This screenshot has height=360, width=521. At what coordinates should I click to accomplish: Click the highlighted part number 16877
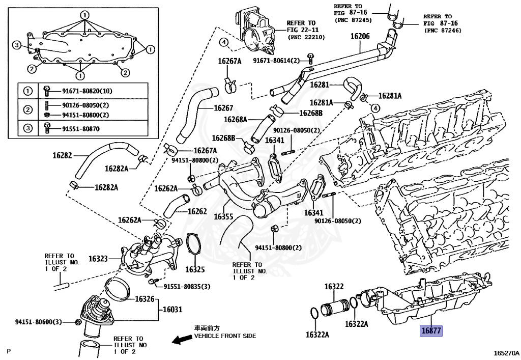point(431,330)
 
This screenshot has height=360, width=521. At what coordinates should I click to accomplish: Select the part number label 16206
point(360,36)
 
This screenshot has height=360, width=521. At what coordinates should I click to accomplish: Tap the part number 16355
point(223,216)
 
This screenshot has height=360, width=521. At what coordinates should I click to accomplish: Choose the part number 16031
point(173,309)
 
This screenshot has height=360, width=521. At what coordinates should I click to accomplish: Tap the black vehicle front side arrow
point(182,340)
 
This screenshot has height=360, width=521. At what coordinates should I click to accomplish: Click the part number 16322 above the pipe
point(334,287)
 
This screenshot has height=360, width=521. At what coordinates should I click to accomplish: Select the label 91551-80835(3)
point(187,287)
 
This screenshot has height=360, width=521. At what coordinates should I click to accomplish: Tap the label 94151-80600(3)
point(38,322)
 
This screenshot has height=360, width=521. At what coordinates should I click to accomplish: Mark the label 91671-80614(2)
point(275,60)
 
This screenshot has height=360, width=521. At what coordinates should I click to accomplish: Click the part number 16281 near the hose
point(320,85)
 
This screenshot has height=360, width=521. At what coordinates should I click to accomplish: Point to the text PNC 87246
point(446,31)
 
